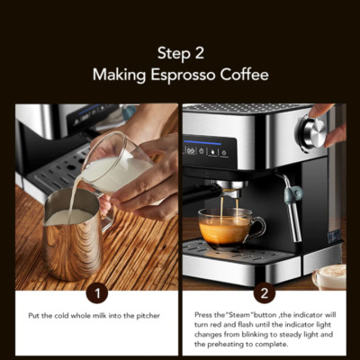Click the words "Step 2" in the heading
click(180, 53)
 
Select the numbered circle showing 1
click(96, 292)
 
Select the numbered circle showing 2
click(264, 292)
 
